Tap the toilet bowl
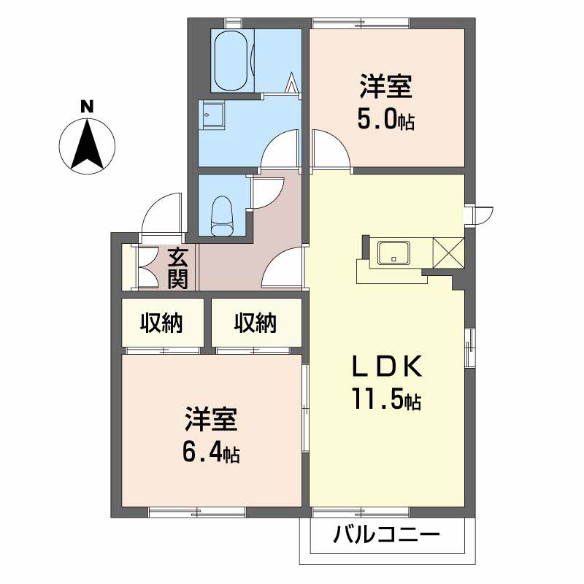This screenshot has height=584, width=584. [223, 216]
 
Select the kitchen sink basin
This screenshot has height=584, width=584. [393, 253]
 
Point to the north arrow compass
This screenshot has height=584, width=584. [87, 146]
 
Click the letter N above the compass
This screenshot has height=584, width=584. [87, 107]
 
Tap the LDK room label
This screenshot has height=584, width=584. [387, 366]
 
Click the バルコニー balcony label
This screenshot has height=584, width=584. [387, 536]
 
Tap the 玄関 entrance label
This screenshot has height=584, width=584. [177, 269]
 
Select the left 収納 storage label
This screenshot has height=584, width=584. [161, 323]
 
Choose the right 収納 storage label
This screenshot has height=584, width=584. [255, 323]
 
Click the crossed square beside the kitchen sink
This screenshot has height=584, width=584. [448, 253]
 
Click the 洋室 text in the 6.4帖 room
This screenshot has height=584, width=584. [211, 419]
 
